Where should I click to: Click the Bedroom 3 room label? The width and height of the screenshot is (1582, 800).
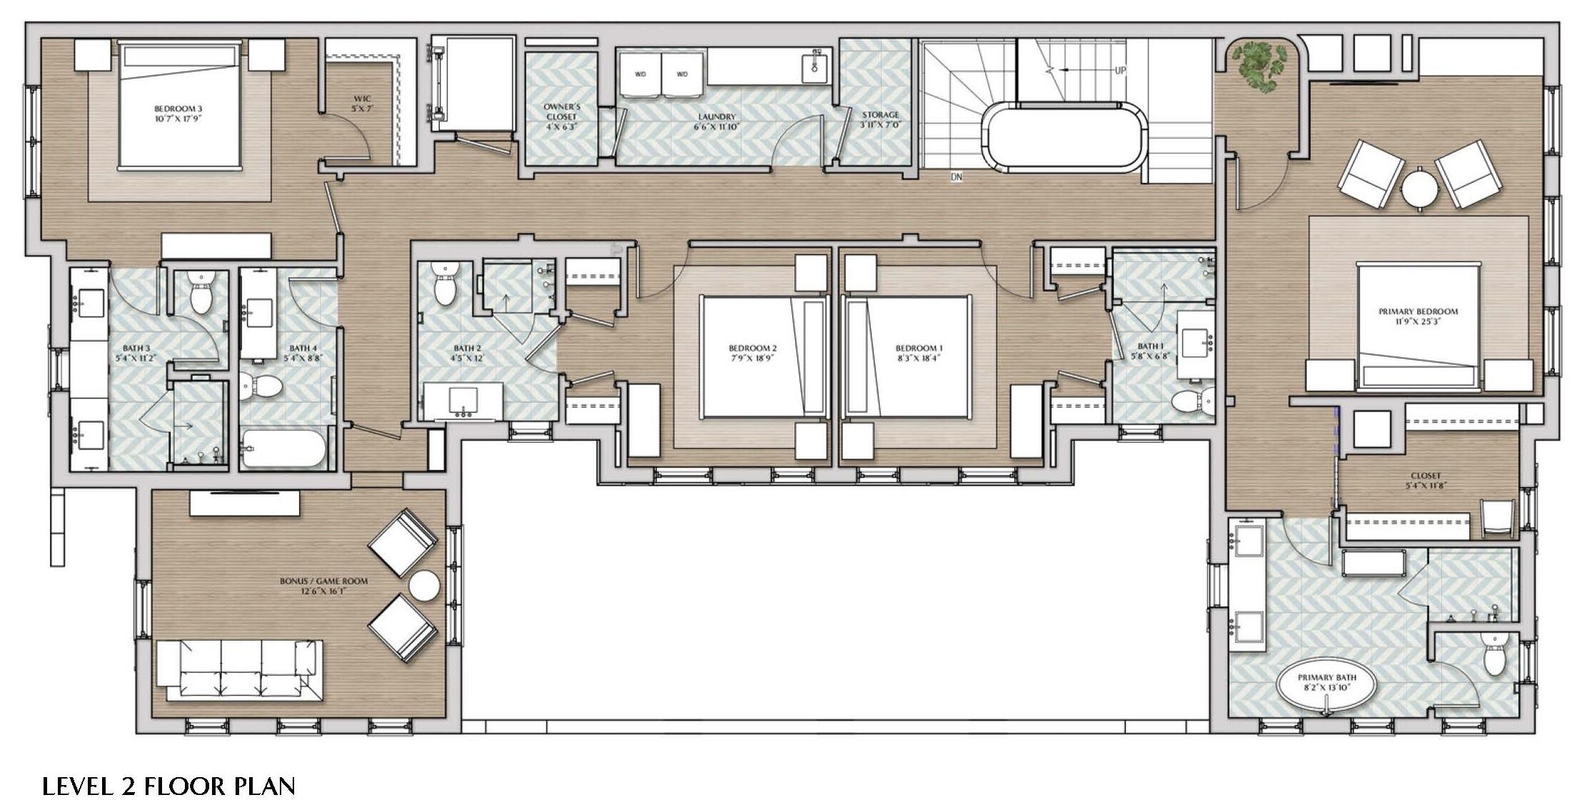click(x=178, y=114)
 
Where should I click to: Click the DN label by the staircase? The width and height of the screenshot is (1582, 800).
click(x=957, y=176)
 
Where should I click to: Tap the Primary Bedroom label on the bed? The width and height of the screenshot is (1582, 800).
click(x=1418, y=316)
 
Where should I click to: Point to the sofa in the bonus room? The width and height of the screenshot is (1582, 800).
click(x=239, y=670)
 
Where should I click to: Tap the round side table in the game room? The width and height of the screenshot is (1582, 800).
click(x=424, y=586)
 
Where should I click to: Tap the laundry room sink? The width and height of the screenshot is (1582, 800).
click(x=815, y=66)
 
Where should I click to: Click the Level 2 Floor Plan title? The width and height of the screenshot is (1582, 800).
click(x=168, y=786)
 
